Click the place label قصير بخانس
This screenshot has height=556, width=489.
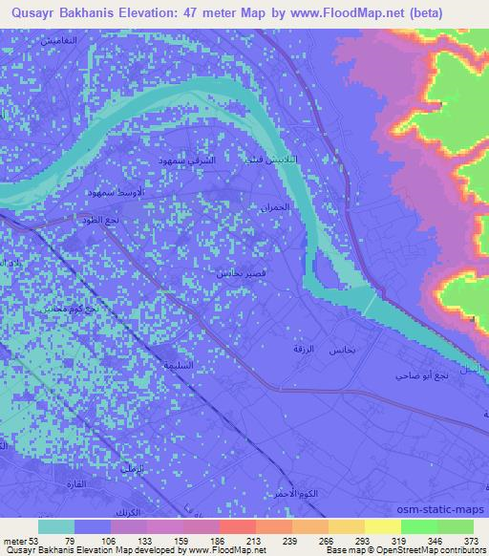click(x=231, y=273)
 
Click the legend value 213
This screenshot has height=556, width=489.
click(x=255, y=540)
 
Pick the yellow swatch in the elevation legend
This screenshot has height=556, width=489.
click(x=382, y=526)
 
